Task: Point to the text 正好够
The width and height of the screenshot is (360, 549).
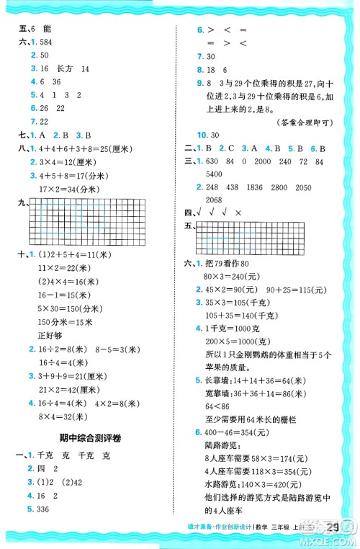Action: pos(51,334)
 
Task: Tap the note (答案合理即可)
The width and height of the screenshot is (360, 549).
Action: pos(303,122)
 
